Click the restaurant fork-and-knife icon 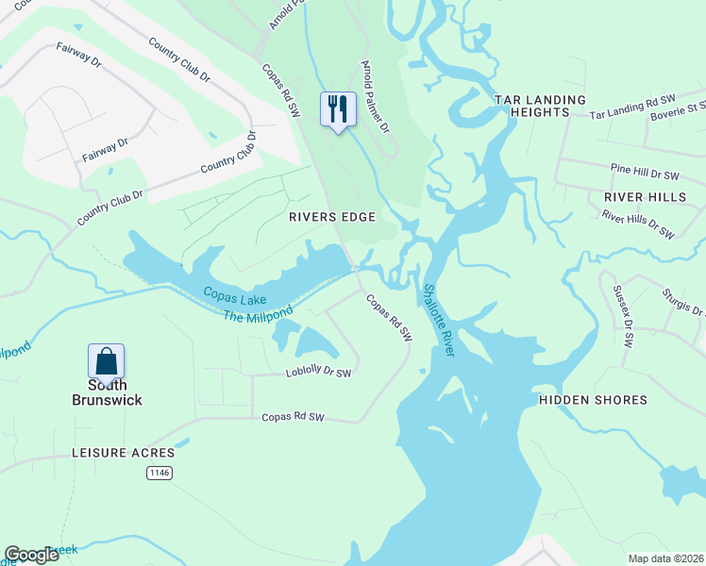338,108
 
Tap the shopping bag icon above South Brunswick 106,361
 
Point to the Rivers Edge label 331,217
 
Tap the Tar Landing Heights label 541,106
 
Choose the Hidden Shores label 593,400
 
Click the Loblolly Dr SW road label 318,374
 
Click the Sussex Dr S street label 623,316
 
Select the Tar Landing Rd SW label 635,110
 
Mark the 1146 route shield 159,474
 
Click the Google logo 32,555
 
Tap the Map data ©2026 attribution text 665,558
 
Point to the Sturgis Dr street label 684,303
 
